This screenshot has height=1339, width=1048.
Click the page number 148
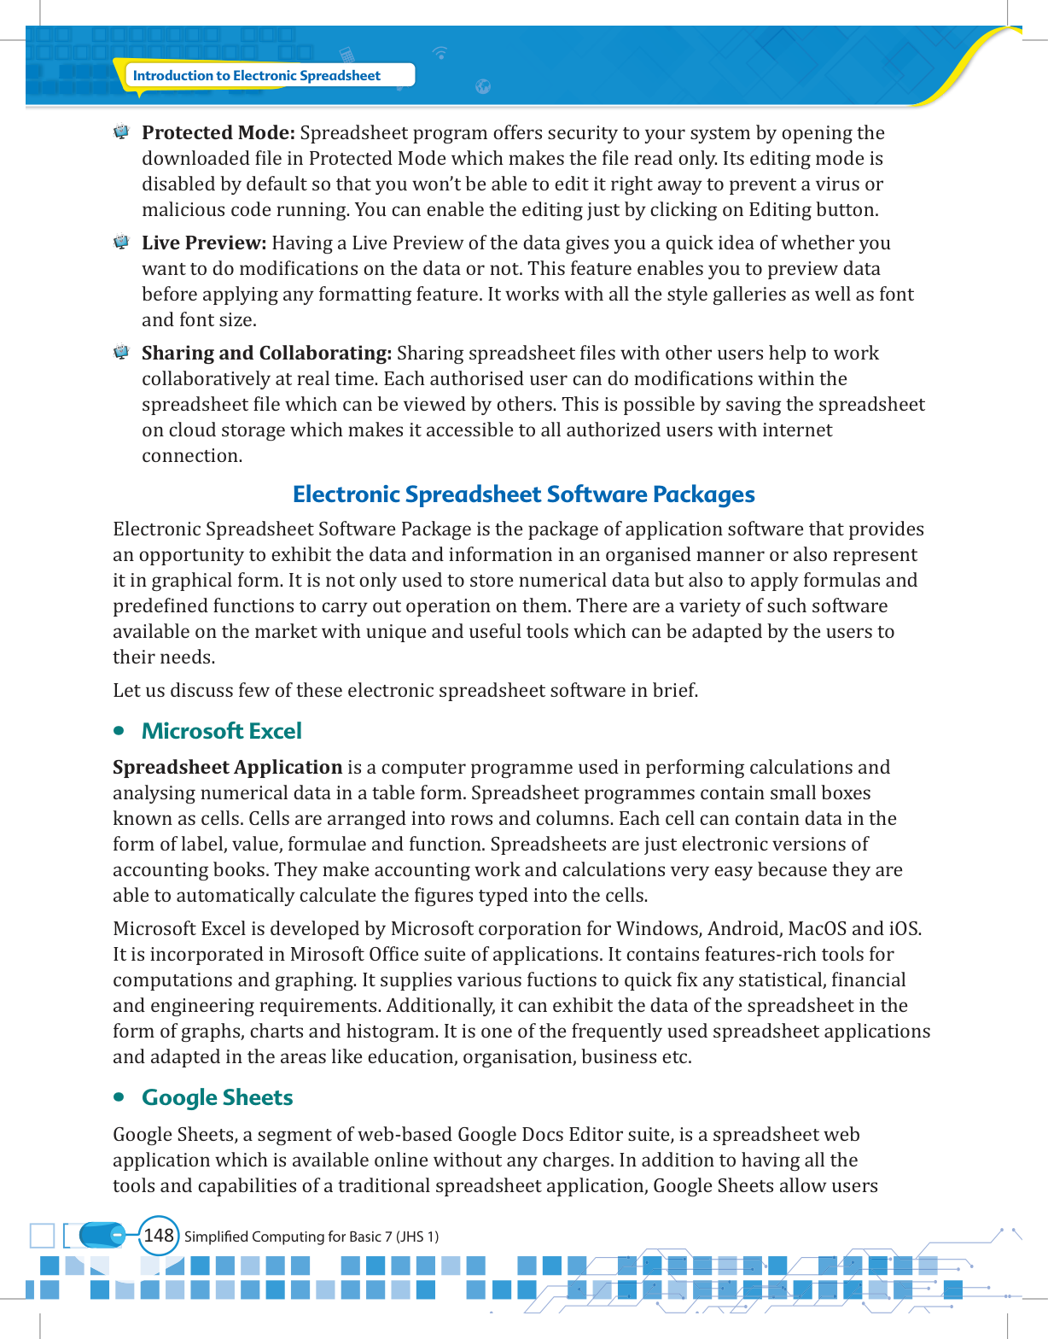point(159,1236)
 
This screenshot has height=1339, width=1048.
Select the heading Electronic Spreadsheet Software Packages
point(523,494)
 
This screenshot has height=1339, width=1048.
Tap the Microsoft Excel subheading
point(221,731)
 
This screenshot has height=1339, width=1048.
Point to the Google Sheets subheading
point(217,1097)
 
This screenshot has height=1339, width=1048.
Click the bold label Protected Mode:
point(218,133)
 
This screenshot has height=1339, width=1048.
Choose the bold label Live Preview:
point(204,243)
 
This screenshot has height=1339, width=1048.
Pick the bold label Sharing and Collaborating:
point(266,354)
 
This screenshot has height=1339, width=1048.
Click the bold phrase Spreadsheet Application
point(227,768)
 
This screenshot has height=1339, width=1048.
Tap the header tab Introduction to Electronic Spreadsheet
point(256,76)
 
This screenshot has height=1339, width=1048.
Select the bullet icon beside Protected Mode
point(121,132)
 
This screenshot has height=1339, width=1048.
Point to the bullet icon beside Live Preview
point(121,243)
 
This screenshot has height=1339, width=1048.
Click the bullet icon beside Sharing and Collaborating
point(121,353)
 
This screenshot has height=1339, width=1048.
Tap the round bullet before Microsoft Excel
point(119,731)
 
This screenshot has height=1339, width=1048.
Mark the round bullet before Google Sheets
point(119,1097)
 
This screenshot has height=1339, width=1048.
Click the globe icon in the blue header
point(483,86)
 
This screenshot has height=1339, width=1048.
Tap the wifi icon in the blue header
point(440,53)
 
